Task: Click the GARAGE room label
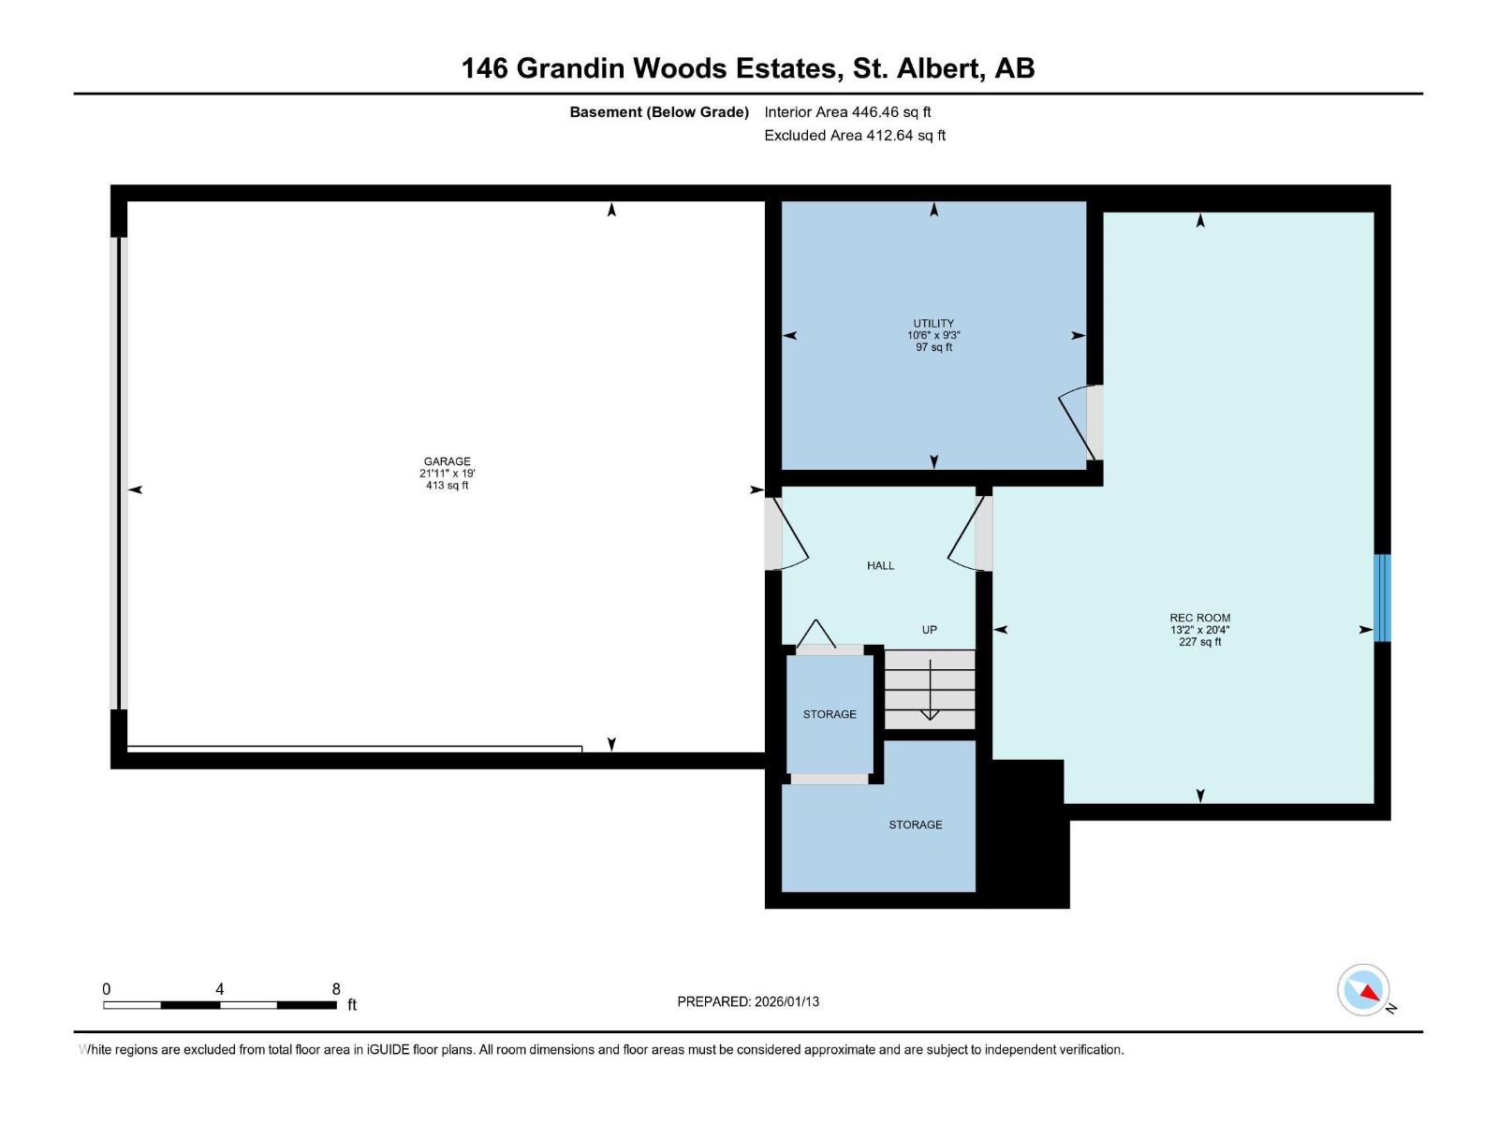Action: [x=447, y=461]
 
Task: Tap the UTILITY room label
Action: [x=933, y=324]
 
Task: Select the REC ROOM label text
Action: [x=1199, y=618]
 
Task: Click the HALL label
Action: [x=880, y=565]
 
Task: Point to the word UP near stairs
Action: [x=929, y=630]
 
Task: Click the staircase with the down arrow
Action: [x=930, y=690]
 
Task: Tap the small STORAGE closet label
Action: [x=830, y=714]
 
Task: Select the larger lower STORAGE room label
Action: [x=915, y=824]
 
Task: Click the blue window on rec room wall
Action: [x=1382, y=597]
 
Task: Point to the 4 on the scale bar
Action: [x=219, y=989]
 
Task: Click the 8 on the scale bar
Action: [x=336, y=989]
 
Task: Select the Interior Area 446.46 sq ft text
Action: [x=847, y=112]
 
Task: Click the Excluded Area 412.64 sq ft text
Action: [x=854, y=136]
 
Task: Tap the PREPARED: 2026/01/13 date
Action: [x=748, y=1001]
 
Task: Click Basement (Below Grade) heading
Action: [x=659, y=112]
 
